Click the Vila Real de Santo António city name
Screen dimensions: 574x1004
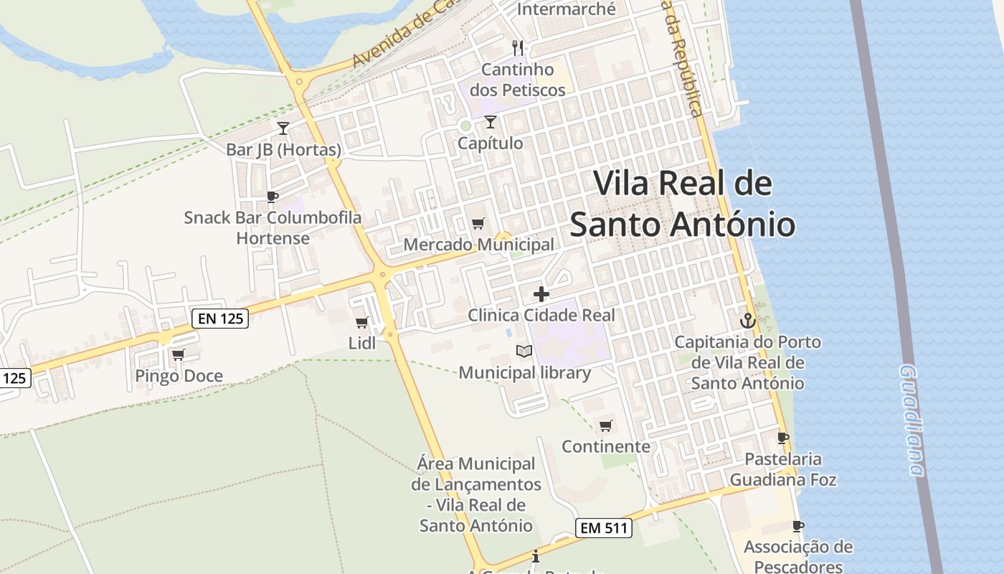tap(683, 204)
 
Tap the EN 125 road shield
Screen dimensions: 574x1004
tap(221, 318)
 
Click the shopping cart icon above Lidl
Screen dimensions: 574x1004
tap(361, 323)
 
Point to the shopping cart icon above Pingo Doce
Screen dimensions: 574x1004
tap(178, 354)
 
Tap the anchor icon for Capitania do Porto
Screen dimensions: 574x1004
tap(748, 321)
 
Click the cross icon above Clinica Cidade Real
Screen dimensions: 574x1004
tap(541, 294)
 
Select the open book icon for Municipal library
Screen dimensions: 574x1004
tap(524, 352)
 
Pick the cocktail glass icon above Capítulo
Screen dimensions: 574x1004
tap(491, 122)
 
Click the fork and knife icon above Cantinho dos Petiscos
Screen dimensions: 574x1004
tap(518, 48)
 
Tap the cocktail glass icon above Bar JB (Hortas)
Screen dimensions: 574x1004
tap(283, 128)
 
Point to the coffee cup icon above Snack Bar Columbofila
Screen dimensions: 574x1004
tap(272, 197)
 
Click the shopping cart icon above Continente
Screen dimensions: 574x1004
tap(606, 425)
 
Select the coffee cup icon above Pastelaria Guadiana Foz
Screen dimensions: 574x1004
tap(783, 438)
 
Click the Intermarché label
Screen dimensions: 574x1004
tap(567, 9)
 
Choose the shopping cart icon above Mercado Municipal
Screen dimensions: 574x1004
tap(478, 224)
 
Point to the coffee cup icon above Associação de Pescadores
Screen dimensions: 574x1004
tap(798, 526)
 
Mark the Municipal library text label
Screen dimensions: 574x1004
tap(525, 372)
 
